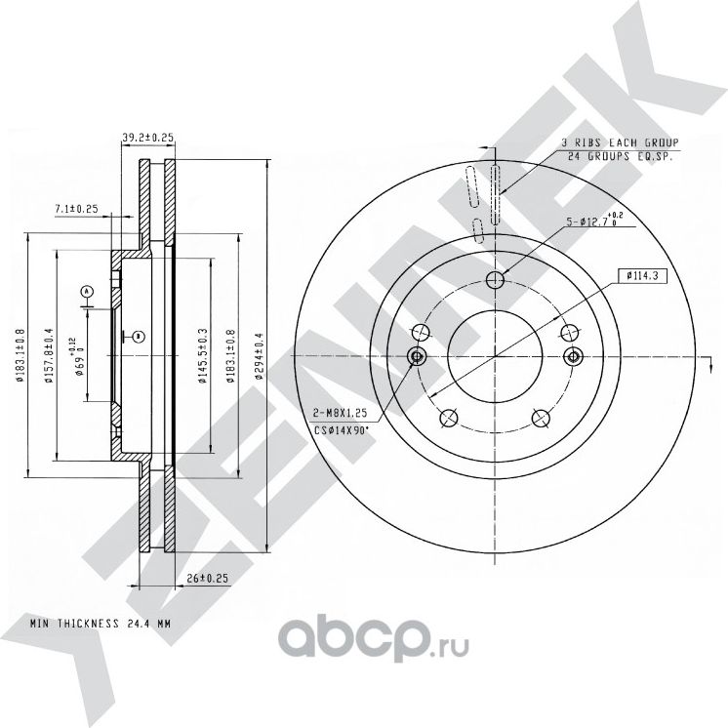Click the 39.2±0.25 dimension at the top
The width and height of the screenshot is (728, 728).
[147, 138]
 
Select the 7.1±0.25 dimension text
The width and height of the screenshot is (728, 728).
[77, 209]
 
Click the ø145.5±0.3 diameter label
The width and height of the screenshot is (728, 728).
[201, 357]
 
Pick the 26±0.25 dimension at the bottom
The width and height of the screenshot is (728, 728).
[207, 578]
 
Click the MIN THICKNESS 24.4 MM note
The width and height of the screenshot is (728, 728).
[100, 622]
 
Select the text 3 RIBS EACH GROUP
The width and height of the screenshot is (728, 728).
[619, 142]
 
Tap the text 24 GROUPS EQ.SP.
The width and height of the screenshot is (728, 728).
[619, 156]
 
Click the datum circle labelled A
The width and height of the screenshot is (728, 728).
[86, 291]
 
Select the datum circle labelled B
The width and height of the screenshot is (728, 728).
[139, 337]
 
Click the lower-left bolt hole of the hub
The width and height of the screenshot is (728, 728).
[449, 418]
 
